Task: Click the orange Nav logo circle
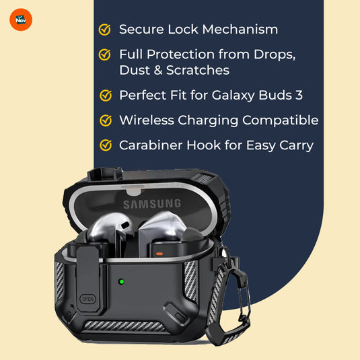(x=21, y=20)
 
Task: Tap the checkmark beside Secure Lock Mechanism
(x=105, y=30)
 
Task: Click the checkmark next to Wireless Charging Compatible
(x=106, y=120)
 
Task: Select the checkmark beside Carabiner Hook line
(x=106, y=145)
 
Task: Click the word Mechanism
(x=240, y=30)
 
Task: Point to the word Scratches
(x=198, y=70)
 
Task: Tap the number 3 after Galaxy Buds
(x=299, y=95)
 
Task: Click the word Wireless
(x=147, y=120)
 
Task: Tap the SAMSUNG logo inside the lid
(x=152, y=204)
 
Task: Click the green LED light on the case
(x=121, y=281)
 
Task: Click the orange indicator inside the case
(x=159, y=254)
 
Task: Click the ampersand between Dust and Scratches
(x=158, y=70)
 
